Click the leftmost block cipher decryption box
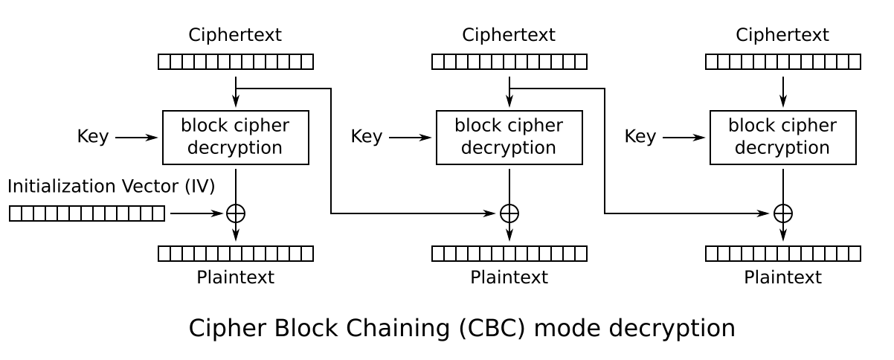coord(236,138)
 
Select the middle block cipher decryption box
coord(509,138)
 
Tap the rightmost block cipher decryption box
coord(783,138)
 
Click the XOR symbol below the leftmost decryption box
coord(236,213)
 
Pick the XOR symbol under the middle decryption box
coord(509,213)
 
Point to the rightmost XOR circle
coord(783,213)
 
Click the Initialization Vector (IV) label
coord(111,186)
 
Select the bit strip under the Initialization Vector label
coord(87,213)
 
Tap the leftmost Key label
coord(93,137)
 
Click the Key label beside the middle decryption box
coord(367,137)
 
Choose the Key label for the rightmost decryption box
coord(640,137)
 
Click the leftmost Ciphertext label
coord(235,35)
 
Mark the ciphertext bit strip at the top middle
coord(509,62)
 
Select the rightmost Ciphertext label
coord(782,35)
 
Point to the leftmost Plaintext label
coord(235,277)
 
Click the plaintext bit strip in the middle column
coord(509,254)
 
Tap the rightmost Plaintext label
coord(782,277)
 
